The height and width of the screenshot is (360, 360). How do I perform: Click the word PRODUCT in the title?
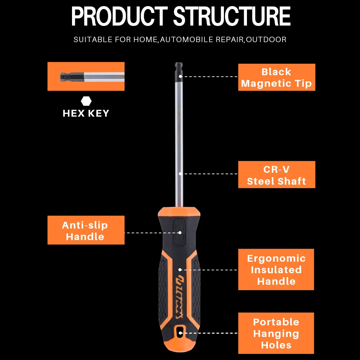119,17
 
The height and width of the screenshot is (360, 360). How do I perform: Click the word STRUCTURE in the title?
232,17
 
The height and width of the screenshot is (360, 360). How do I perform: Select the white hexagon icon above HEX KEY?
86,101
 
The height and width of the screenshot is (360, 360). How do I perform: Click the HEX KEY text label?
86,113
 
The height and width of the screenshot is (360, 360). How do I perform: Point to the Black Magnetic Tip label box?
276,77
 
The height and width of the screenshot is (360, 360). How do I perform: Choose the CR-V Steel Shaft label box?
276,175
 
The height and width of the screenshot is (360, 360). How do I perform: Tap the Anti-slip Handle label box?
86,230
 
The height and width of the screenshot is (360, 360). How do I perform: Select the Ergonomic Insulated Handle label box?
276,269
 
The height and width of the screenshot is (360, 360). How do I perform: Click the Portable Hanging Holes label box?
276,333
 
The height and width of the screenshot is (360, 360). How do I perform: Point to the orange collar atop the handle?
179,212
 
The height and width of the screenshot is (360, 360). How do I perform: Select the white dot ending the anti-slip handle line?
180,233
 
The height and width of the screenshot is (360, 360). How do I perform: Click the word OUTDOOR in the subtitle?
267,40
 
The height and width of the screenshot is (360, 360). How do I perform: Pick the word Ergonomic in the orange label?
276,258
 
